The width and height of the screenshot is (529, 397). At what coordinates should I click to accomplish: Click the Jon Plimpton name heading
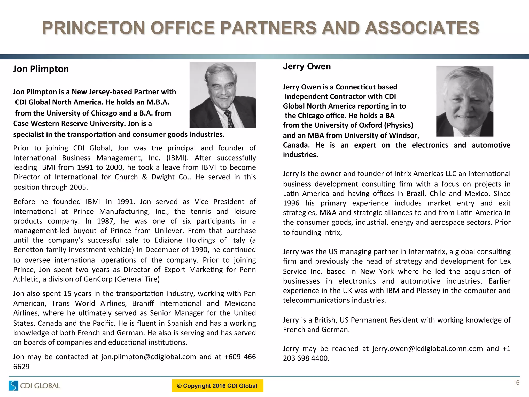pyautogui.click(x=41, y=69)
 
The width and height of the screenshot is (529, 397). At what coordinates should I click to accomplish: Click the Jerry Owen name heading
pyautogui.click(x=307, y=66)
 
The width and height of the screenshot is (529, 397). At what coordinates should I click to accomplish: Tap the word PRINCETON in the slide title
pyautogui.click(x=93, y=28)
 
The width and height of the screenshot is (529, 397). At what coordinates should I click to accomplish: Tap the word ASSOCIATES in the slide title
pyautogui.click(x=422, y=28)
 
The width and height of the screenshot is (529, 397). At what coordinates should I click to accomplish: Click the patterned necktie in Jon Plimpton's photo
pyautogui.click(x=229, y=119)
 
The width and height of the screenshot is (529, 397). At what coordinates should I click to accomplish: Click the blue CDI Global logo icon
pyautogui.click(x=13, y=385)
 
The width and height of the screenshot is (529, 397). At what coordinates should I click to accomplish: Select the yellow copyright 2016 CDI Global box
pyautogui.click(x=217, y=386)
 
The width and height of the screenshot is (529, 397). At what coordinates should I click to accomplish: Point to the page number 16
pyautogui.click(x=516, y=383)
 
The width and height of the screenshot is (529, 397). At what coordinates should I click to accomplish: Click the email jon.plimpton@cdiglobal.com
pyautogui.click(x=149, y=357)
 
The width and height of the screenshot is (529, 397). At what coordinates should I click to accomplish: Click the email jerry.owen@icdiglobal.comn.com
pyautogui.click(x=427, y=349)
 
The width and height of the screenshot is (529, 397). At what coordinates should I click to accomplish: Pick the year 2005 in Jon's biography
pyautogui.click(x=78, y=187)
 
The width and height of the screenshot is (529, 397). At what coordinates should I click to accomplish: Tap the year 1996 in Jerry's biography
pyautogui.click(x=291, y=203)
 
